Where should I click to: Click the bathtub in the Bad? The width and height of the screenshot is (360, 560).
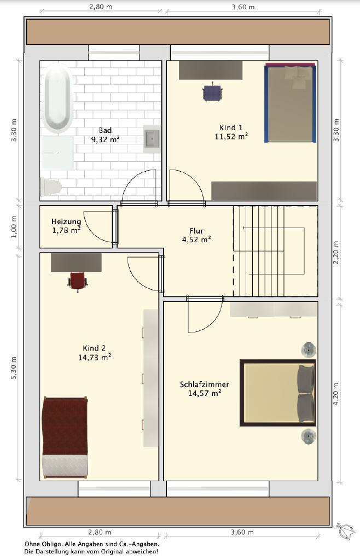point(56,98)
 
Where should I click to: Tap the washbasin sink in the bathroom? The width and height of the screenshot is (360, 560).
point(152,139)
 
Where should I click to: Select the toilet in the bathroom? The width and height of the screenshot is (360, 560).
point(50,187)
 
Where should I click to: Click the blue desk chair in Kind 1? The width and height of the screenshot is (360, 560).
point(212,92)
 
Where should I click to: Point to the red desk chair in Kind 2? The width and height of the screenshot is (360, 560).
point(78,281)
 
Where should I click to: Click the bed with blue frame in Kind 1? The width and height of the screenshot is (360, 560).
point(291,103)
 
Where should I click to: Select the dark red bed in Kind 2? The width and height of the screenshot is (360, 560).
point(65,437)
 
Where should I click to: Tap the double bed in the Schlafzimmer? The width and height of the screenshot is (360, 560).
point(278,393)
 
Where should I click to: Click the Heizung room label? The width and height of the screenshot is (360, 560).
point(66,222)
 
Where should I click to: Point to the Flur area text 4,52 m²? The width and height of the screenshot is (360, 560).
point(196,240)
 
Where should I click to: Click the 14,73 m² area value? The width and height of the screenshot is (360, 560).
point(95,357)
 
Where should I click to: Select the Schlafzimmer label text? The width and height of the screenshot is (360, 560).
point(204,384)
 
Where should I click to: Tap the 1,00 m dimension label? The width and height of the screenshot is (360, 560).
point(14,227)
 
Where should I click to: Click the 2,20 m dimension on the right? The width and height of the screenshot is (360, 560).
point(336,253)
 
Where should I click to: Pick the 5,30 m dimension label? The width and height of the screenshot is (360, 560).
point(14,368)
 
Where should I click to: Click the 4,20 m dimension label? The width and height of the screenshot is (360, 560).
point(336,394)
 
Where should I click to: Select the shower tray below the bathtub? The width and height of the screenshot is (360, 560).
point(57,153)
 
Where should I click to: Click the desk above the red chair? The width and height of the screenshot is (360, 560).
point(76,262)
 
